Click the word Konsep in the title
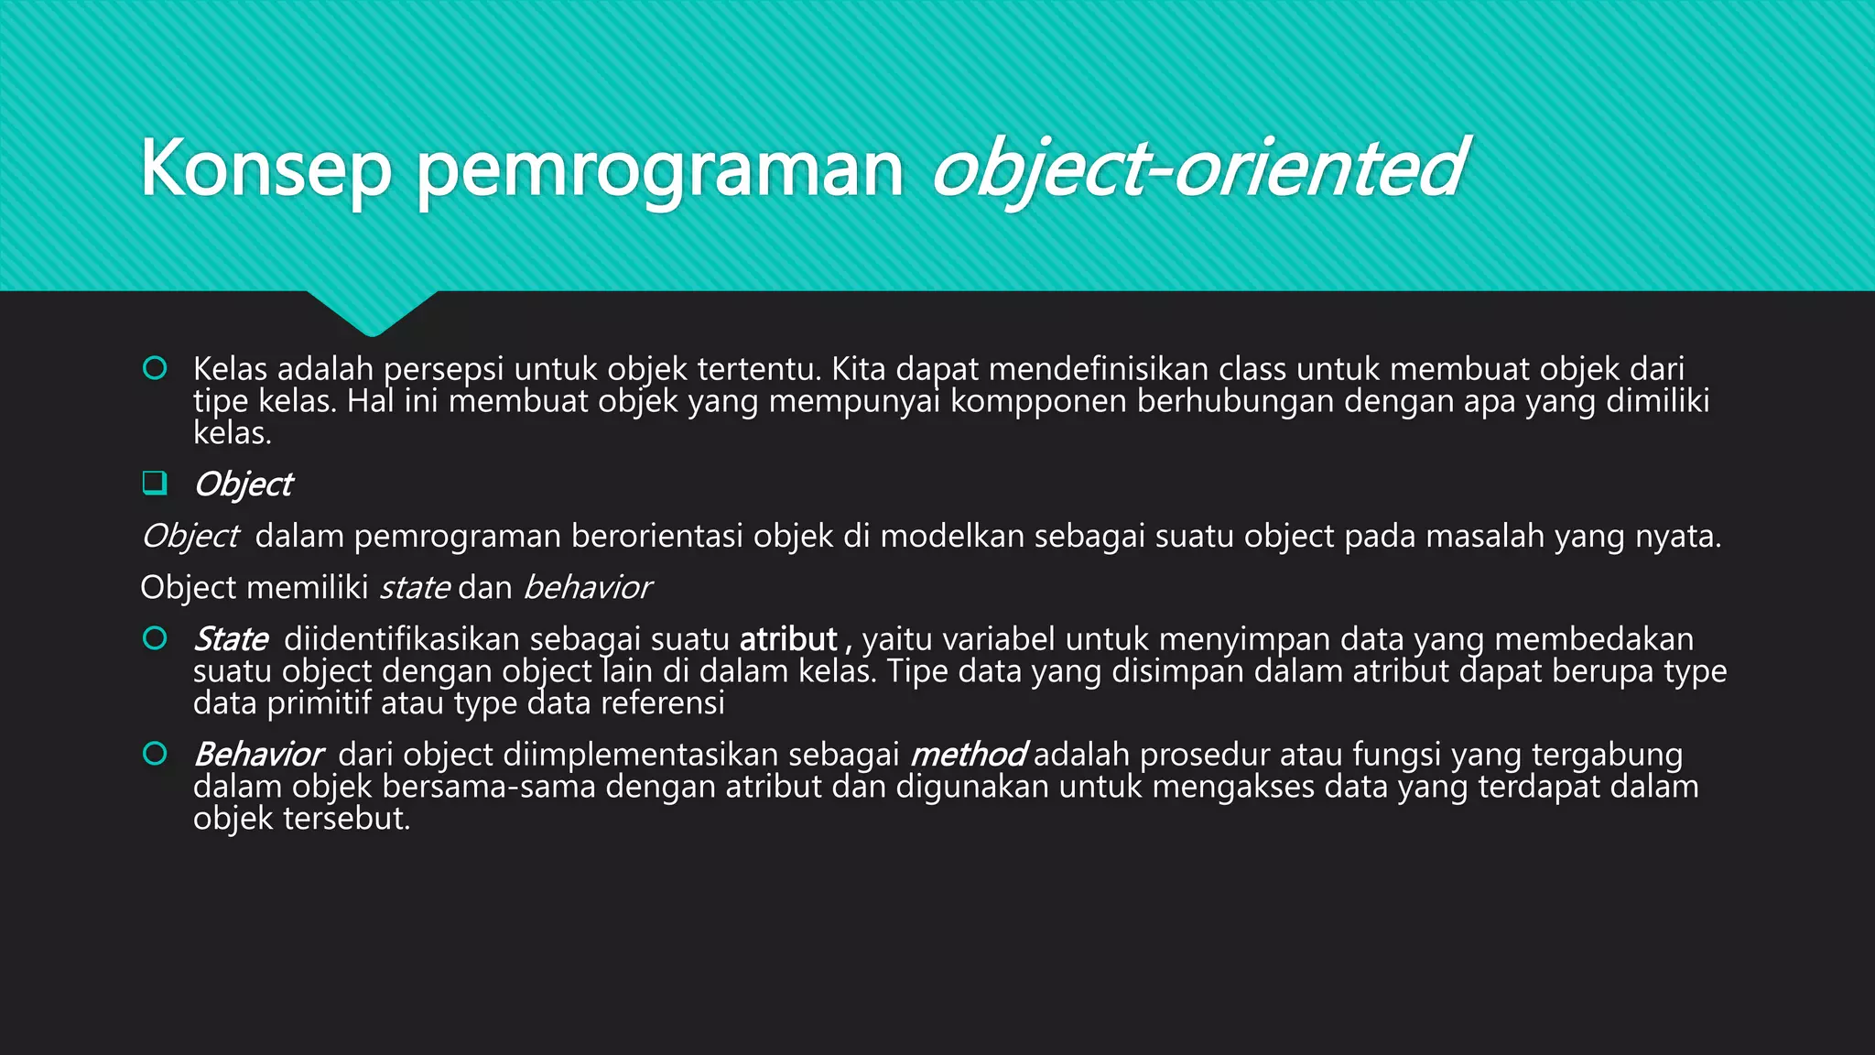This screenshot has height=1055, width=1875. tap(266, 169)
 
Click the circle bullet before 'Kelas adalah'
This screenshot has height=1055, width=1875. tap(155, 368)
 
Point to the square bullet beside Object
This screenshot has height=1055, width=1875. tap(155, 483)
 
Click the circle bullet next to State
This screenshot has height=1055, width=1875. tap(155, 638)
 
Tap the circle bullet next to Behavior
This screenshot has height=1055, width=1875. tap(155, 754)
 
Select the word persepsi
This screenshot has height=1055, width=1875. tap(443, 369)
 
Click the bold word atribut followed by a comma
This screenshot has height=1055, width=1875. tap(788, 639)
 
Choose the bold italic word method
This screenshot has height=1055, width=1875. tap(968, 755)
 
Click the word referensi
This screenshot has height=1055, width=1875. tap(662, 703)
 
